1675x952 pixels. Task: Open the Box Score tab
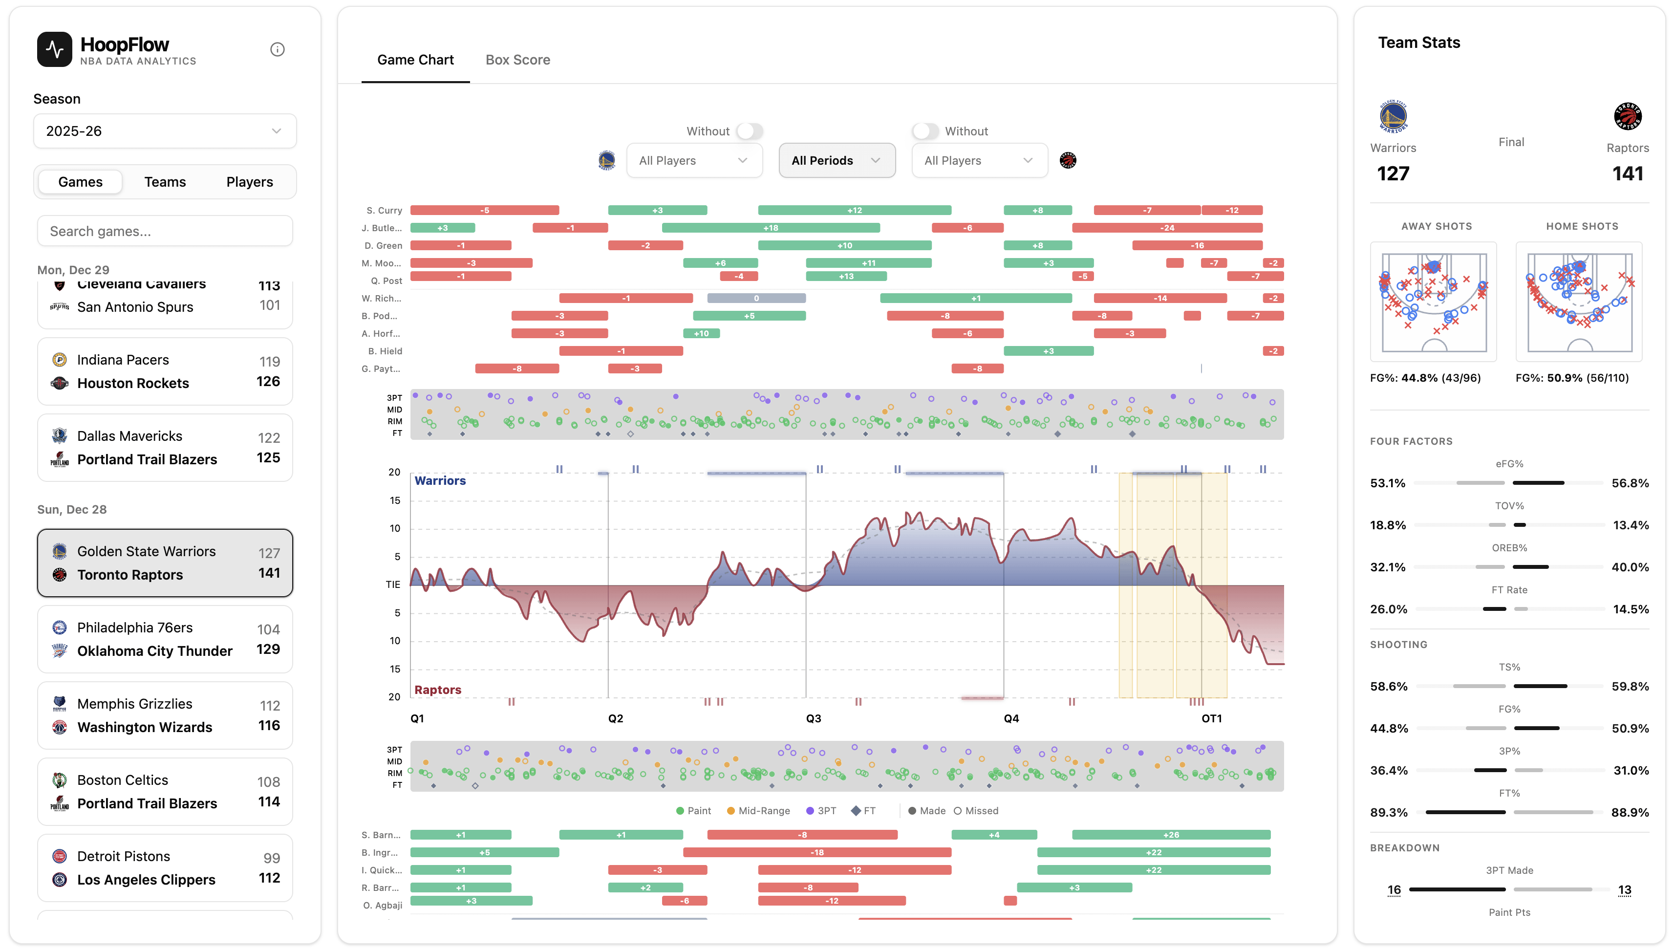click(517, 60)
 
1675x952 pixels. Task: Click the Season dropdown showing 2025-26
click(165, 131)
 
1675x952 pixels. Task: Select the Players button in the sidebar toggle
click(249, 182)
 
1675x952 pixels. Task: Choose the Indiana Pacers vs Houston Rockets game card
click(165, 371)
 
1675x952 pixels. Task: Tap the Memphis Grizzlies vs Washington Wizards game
click(165, 715)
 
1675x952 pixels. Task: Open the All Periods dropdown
click(836, 161)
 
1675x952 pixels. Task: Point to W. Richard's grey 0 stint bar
click(756, 299)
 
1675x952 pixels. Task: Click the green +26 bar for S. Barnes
click(1170, 835)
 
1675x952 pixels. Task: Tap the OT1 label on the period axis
click(1211, 718)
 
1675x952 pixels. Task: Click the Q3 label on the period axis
click(813, 718)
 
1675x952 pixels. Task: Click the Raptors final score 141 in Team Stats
click(1627, 174)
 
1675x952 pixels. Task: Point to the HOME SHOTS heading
click(1582, 226)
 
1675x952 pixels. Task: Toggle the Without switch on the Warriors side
click(749, 131)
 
